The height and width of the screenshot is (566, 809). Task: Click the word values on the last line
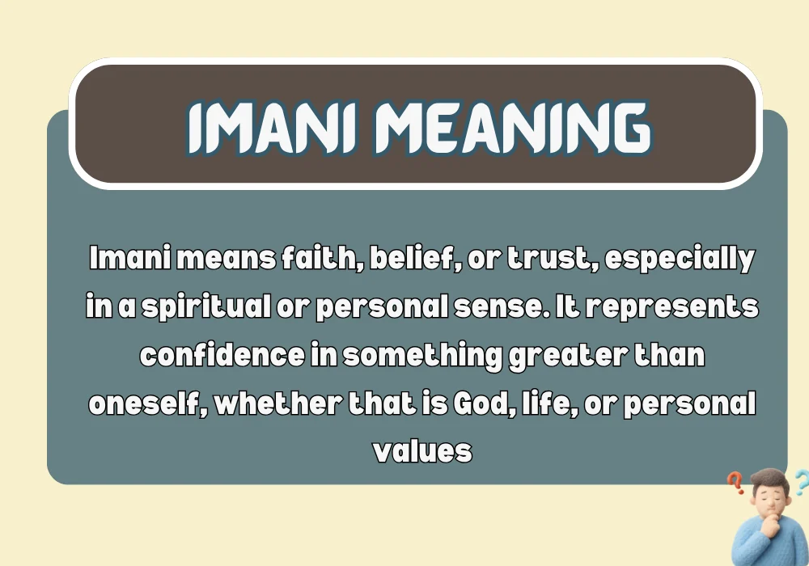pyautogui.click(x=422, y=450)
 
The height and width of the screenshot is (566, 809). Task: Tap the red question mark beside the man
pyautogui.click(x=735, y=484)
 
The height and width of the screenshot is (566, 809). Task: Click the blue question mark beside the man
pyautogui.click(x=800, y=483)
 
